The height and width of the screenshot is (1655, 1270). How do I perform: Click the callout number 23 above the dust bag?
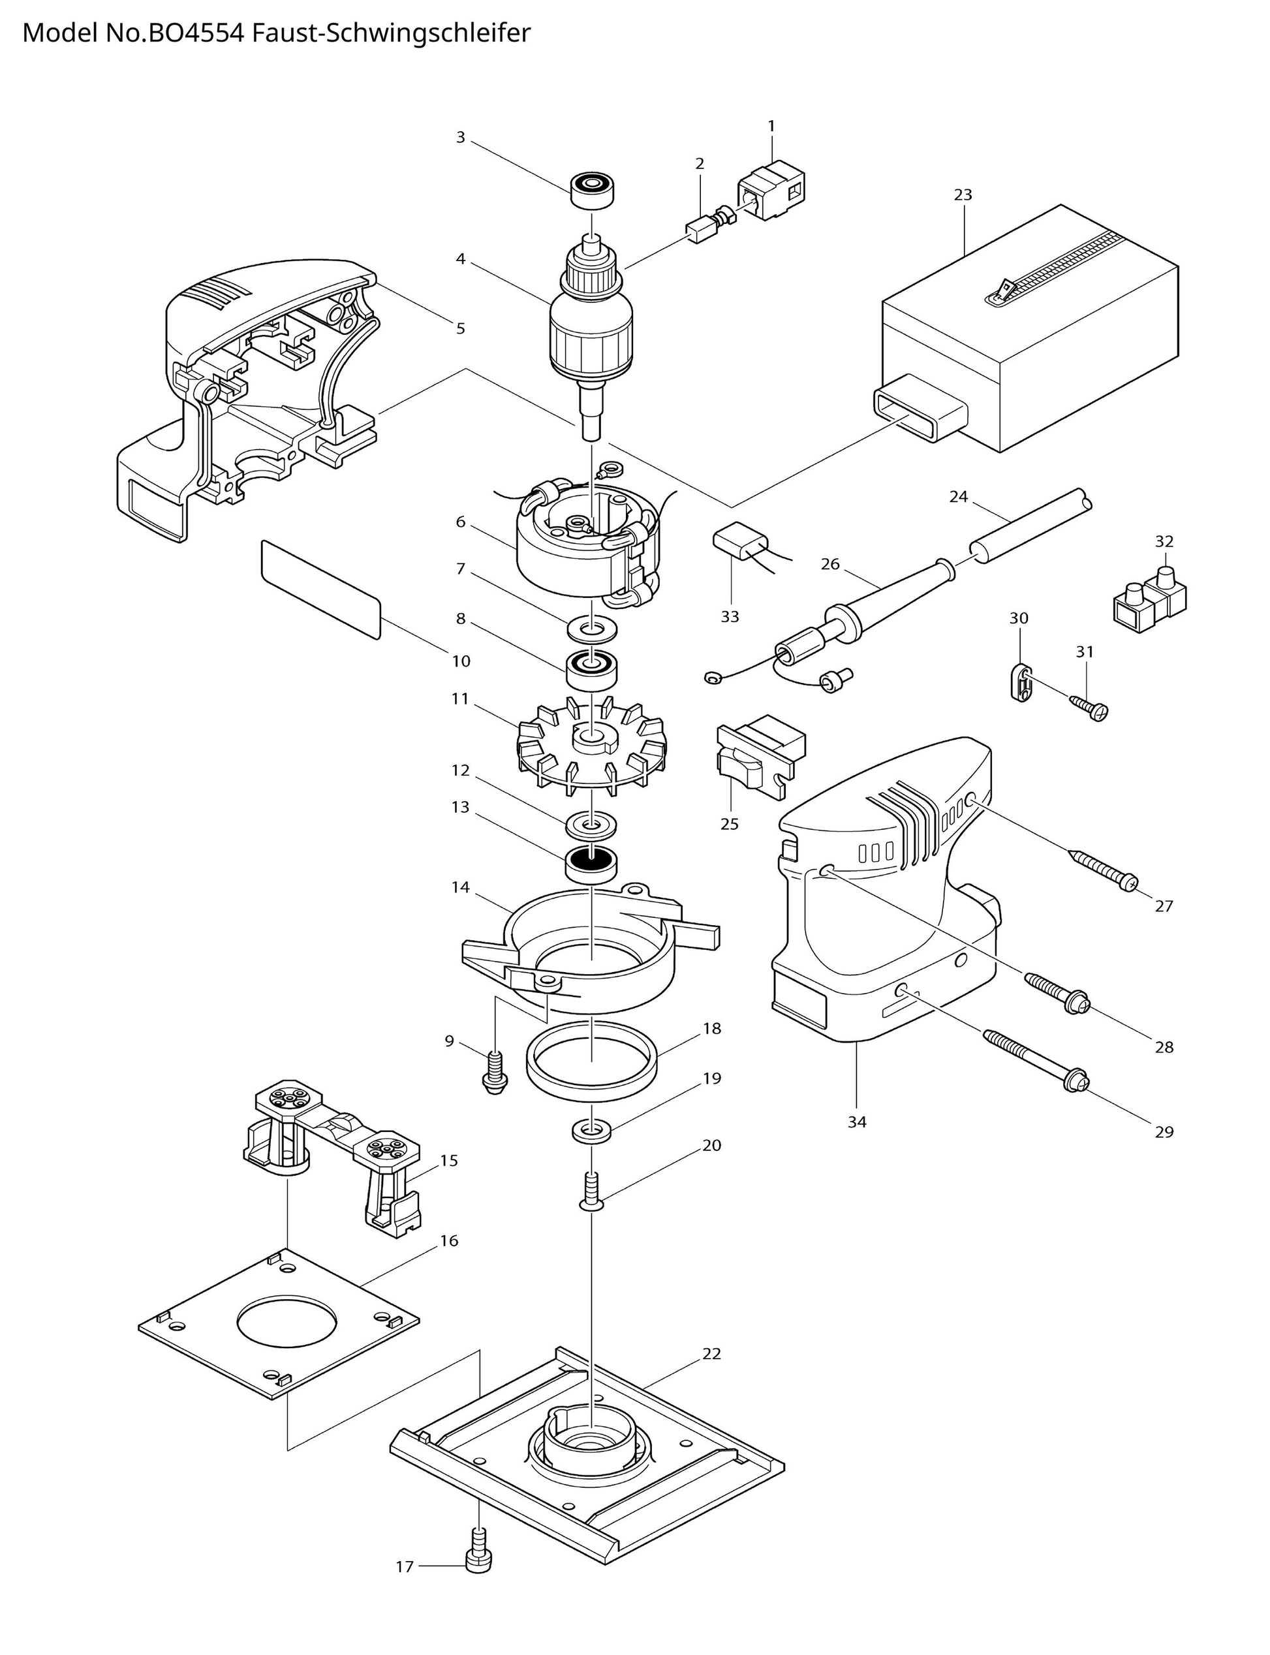point(963,195)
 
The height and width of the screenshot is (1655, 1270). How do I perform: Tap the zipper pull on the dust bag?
point(1004,289)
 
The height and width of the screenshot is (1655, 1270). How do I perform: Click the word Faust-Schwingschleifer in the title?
point(391,33)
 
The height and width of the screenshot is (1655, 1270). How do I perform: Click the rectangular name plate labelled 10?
point(320,590)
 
